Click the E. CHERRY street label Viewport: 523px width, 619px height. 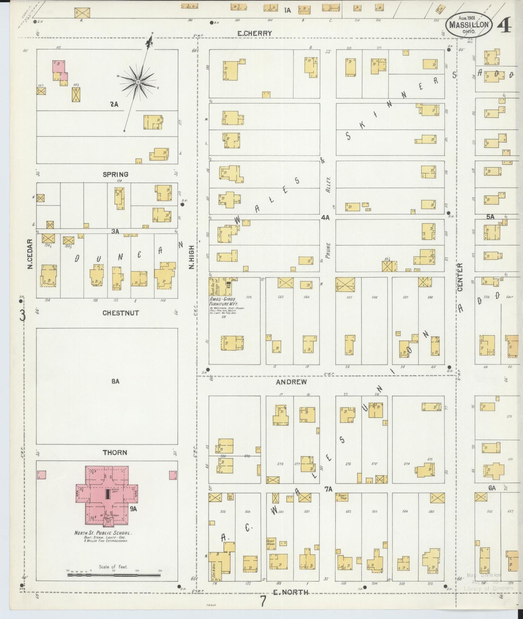[x=254, y=33]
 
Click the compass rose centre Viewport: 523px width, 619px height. [x=138, y=83]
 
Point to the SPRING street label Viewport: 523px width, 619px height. [x=115, y=174]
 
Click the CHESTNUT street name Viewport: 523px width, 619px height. [x=121, y=313]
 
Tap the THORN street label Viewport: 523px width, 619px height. [x=114, y=452]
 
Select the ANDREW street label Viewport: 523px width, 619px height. [x=291, y=382]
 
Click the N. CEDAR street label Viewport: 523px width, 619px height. [x=30, y=253]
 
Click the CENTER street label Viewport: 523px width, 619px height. [x=460, y=277]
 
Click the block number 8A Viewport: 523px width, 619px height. [x=115, y=381]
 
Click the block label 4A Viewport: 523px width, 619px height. [x=325, y=218]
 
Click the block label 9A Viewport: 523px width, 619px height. [x=134, y=509]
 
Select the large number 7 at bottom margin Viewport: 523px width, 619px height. [x=263, y=602]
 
